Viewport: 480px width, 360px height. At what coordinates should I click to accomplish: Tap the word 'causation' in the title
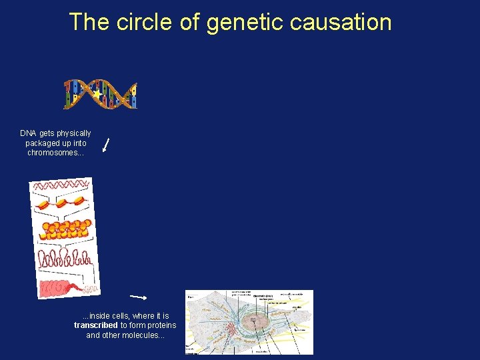[341, 22]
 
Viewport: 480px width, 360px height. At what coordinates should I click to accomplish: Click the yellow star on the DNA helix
[98, 95]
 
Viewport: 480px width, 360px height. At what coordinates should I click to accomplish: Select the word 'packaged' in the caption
[42, 143]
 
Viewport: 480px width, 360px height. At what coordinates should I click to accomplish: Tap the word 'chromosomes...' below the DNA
[56, 153]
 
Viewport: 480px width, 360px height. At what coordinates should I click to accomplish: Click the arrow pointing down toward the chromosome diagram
[105, 145]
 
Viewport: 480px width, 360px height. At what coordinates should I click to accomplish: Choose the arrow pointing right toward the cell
[138, 296]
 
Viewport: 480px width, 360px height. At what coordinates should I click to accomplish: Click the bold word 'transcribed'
[96, 325]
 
